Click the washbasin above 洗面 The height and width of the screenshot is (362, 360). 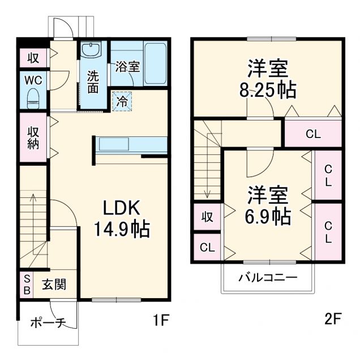91,50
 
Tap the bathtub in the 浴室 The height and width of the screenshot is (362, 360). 155,63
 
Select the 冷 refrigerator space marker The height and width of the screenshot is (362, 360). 122,101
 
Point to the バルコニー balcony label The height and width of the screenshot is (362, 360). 267,278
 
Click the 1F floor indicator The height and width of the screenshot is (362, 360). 161,321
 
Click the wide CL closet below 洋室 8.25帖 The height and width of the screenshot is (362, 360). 313,135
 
